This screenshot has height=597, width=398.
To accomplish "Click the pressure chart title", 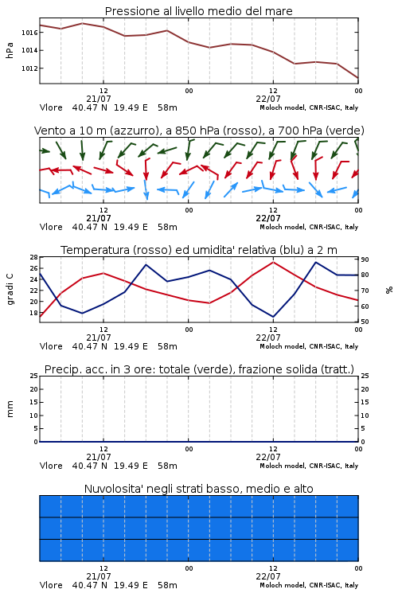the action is (198, 11).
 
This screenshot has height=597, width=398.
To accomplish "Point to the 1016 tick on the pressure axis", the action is (29, 33).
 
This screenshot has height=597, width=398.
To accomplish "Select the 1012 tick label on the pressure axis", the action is (29, 68).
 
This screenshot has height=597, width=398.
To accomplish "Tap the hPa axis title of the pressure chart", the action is (10, 50).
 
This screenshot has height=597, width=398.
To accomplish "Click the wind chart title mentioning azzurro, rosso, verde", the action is (199, 131).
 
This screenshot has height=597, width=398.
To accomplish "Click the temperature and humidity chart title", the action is (199, 250).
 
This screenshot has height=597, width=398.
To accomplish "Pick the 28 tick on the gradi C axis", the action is (34, 257).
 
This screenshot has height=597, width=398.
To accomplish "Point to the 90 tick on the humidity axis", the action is (365, 259).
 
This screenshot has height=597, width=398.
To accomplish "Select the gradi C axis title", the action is (10, 290).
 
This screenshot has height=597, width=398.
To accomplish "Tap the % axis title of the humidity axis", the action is (389, 290).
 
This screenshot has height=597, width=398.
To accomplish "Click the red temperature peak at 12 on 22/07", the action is (274, 262).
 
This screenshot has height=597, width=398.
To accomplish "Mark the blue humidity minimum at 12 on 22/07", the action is (273, 316).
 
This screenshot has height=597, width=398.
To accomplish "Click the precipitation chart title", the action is (199, 369).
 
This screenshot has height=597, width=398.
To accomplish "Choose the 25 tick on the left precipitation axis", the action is (34, 376).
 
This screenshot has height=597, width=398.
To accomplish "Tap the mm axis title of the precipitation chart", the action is (10, 409).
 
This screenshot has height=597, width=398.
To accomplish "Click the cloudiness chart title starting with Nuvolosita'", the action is (198, 489).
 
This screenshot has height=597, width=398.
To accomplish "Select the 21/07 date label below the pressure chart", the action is (99, 99).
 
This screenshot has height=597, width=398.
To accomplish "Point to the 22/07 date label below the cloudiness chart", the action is (268, 576).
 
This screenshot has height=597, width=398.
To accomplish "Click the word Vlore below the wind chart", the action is (51, 227).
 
